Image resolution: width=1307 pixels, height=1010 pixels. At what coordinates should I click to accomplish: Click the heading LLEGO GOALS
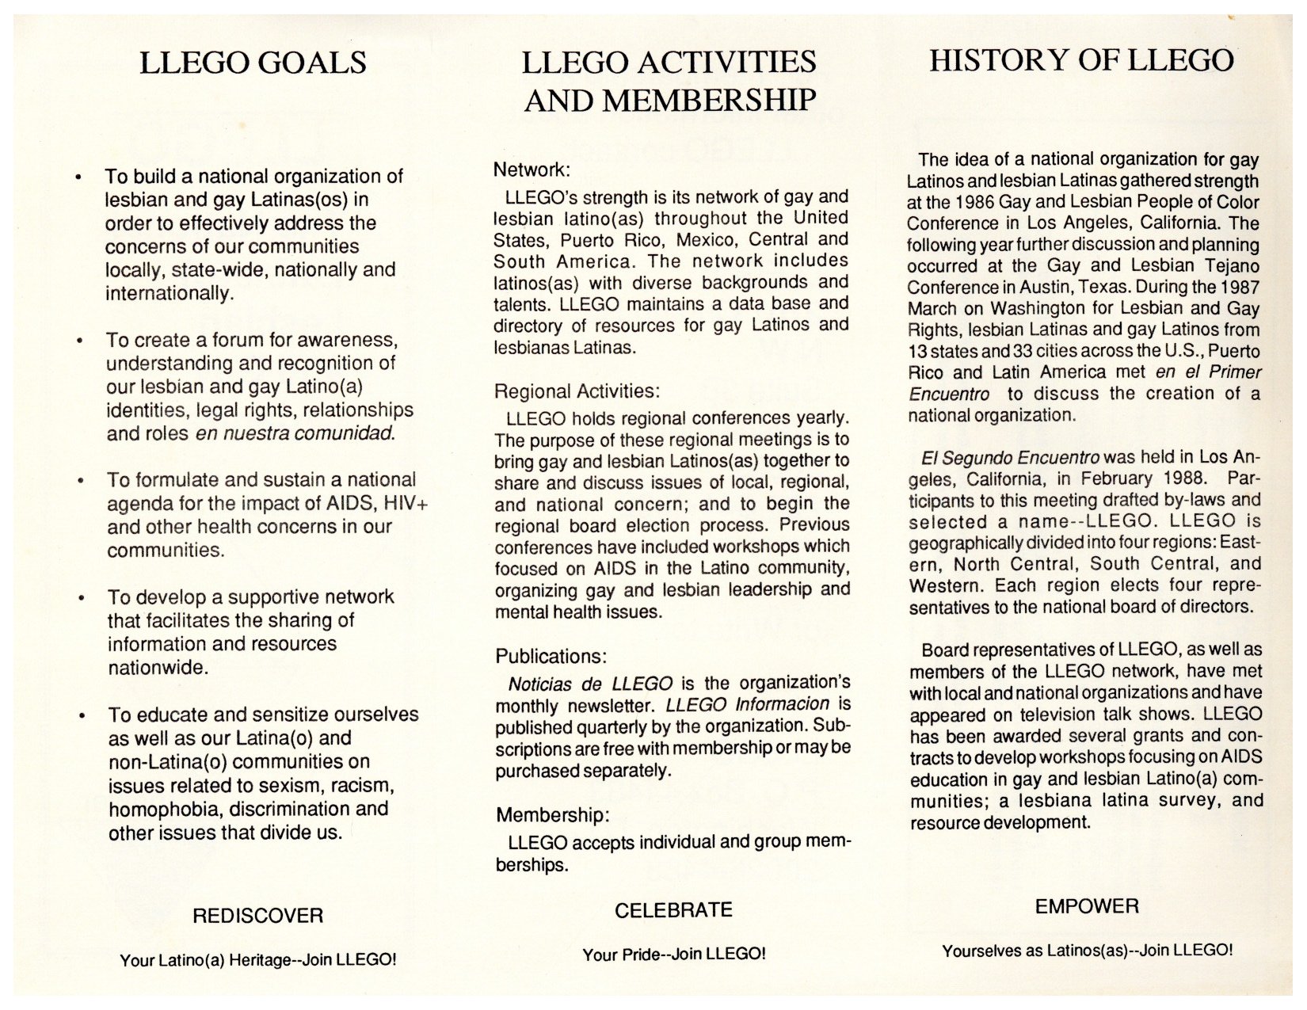[253, 63]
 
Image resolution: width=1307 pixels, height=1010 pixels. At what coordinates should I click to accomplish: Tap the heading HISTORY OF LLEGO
[1081, 60]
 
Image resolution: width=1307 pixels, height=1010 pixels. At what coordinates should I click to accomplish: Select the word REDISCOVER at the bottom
[257, 917]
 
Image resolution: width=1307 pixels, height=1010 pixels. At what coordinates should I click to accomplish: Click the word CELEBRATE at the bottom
[673, 910]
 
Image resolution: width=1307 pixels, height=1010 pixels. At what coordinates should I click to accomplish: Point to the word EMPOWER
[1087, 907]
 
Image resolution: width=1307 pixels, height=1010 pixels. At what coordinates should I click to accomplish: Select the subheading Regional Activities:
[577, 391]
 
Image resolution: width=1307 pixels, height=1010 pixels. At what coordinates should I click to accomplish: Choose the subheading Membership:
[554, 815]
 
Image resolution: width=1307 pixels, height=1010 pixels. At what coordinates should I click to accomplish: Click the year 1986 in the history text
[981, 203]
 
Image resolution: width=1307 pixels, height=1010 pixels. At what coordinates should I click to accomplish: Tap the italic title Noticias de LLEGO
[589, 684]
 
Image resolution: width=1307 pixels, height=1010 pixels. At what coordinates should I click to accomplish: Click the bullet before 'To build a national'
[78, 177]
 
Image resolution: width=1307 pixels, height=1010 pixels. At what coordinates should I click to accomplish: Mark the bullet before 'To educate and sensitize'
[81, 716]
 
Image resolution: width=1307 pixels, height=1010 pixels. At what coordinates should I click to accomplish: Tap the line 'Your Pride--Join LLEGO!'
[674, 955]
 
